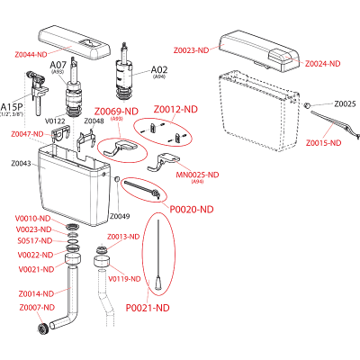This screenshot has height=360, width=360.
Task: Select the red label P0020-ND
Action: [193, 209]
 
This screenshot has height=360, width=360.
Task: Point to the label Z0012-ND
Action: [175, 109]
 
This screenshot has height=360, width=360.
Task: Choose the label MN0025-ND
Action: [197, 175]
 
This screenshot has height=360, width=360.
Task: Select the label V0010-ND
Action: [33, 218]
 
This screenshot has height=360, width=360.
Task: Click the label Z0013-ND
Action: [121, 236]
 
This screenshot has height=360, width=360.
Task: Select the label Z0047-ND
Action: [27, 133]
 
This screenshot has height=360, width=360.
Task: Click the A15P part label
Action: [13, 106]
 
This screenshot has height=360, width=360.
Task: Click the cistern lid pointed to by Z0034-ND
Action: [261, 50]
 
